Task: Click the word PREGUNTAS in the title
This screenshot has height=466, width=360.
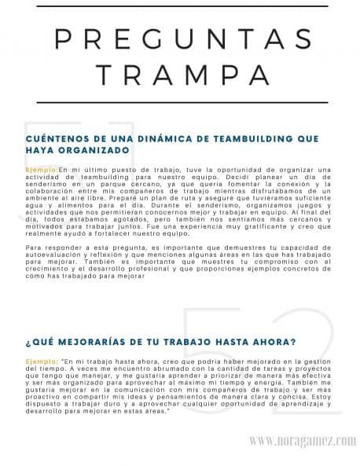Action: tap(180, 39)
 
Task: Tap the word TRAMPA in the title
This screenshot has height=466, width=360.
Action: tap(180, 74)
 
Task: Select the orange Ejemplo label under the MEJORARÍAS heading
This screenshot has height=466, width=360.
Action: tap(41, 361)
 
